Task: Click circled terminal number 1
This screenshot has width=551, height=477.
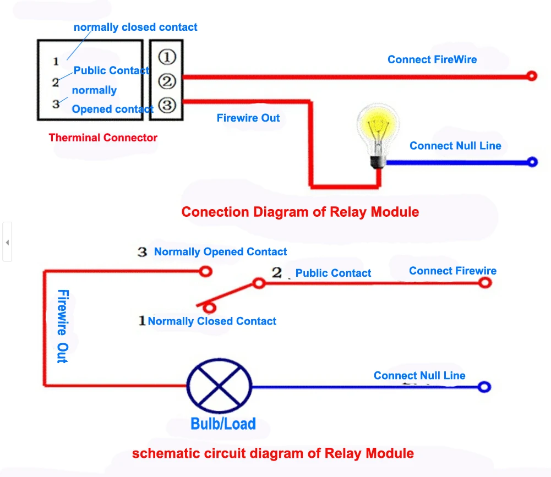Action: (167, 57)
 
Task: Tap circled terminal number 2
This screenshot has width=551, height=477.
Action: (167, 81)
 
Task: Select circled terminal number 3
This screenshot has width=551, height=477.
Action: (167, 105)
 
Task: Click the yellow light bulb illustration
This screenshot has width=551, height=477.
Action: (378, 135)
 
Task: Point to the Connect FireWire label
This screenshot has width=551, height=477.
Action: (432, 59)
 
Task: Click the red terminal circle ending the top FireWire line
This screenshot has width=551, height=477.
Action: (532, 76)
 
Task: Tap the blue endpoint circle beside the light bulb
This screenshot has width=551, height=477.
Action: (532, 162)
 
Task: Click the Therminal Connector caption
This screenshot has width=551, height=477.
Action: (103, 138)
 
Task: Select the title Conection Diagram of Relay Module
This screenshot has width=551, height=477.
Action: (300, 212)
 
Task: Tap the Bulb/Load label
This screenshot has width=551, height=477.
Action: (223, 424)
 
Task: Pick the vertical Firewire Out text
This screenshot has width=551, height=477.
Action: (63, 326)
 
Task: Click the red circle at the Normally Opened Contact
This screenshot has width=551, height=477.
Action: (205, 272)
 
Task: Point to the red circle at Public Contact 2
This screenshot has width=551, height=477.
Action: (259, 283)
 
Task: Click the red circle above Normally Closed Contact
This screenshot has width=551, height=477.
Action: (209, 308)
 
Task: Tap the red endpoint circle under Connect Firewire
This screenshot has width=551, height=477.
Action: (485, 282)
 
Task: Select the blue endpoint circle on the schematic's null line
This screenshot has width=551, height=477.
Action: (484, 387)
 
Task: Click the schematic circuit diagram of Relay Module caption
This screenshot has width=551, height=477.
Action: (273, 453)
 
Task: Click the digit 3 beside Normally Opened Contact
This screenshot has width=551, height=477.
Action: (142, 252)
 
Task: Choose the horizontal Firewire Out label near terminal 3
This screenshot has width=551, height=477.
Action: (248, 118)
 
